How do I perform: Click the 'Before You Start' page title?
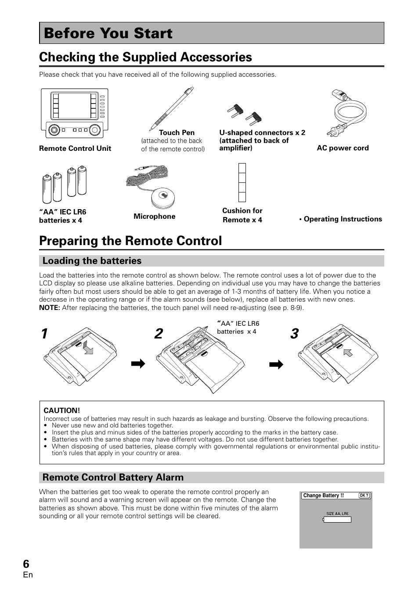click(108, 33)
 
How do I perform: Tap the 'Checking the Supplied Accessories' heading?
click(145, 57)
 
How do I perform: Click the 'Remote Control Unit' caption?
click(75, 148)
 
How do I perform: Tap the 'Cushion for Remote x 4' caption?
click(242, 215)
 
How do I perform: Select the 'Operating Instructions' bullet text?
click(341, 219)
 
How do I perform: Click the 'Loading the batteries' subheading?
click(92, 261)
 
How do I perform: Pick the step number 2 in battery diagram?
click(159, 334)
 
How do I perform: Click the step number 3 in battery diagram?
click(294, 334)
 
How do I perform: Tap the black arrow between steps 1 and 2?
click(138, 364)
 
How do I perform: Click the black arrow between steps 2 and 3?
click(276, 364)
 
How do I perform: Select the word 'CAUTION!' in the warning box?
click(62, 410)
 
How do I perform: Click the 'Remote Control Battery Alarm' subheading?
click(113, 477)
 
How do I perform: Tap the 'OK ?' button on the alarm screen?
click(364, 496)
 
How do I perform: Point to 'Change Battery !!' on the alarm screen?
click(323, 496)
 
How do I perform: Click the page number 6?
click(26, 564)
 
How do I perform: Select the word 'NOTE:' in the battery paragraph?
click(50, 308)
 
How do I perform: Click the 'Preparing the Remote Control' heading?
click(130, 241)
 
